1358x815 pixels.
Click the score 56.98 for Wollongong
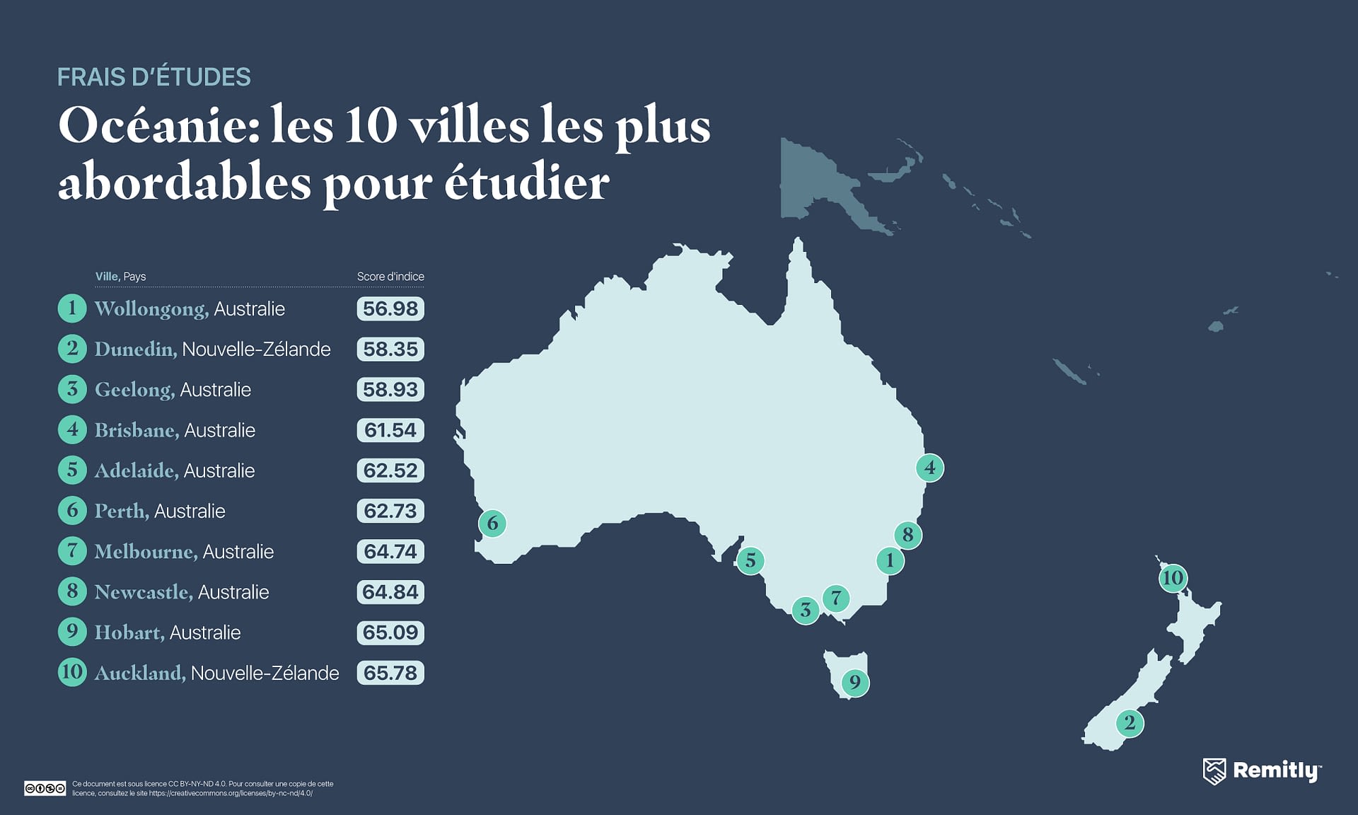pyautogui.click(x=390, y=308)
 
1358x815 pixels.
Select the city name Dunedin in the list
pyautogui.click(x=135, y=349)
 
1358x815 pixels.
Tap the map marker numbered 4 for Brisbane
pyautogui.click(x=929, y=468)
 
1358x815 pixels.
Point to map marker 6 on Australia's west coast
pyautogui.click(x=492, y=524)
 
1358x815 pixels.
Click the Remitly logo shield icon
pyautogui.click(x=1214, y=771)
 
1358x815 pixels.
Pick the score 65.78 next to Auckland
pyautogui.click(x=390, y=673)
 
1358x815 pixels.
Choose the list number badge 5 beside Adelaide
pyautogui.click(x=72, y=470)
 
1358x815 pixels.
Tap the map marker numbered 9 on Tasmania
pyautogui.click(x=855, y=683)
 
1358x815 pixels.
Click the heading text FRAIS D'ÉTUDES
pyautogui.click(x=153, y=77)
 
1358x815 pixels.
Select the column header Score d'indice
pyautogui.click(x=390, y=277)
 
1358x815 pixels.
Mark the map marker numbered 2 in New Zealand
pyautogui.click(x=1130, y=723)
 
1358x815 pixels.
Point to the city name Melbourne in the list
pyautogui.click(x=146, y=551)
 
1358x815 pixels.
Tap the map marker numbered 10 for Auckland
pyautogui.click(x=1173, y=578)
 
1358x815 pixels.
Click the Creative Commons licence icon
pyautogui.click(x=45, y=788)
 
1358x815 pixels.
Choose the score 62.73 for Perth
pyautogui.click(x=390, y=511)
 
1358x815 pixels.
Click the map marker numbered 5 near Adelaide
pyautogui.click(x=750, y=561)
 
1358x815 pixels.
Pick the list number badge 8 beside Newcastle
pyautogui.click(x=72, y=591)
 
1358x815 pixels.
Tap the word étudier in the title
pyautogui.click(x=526, y=183)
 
